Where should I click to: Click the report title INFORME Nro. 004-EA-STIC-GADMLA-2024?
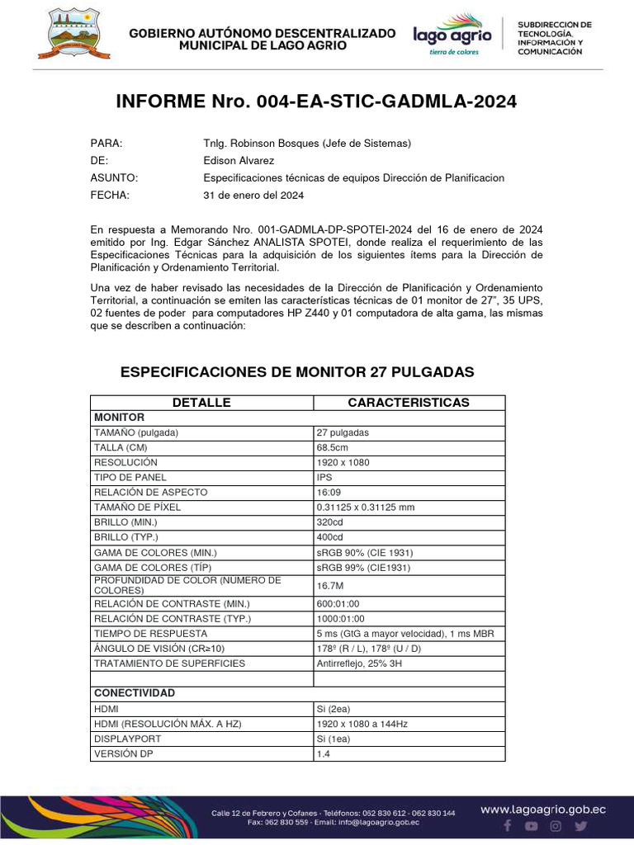[316, 101]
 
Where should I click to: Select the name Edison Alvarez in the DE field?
[239, 161]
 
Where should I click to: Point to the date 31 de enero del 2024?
[253, 196]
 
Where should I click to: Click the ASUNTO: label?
[114, 178]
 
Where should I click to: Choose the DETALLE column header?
[201, 403]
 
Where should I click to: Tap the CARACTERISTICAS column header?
[409, 403]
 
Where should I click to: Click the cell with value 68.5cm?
[333, 447]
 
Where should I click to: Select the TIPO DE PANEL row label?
[130, 477]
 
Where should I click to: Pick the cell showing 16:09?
[329, 492]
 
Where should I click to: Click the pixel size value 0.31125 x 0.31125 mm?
[366, 507]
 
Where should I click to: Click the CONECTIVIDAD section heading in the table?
[135, 693]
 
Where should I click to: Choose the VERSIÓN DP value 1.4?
[322, 754]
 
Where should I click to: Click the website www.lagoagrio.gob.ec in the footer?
[543, 810]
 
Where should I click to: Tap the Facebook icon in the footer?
[508, 826]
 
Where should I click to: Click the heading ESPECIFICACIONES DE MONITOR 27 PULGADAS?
[297, 372]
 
